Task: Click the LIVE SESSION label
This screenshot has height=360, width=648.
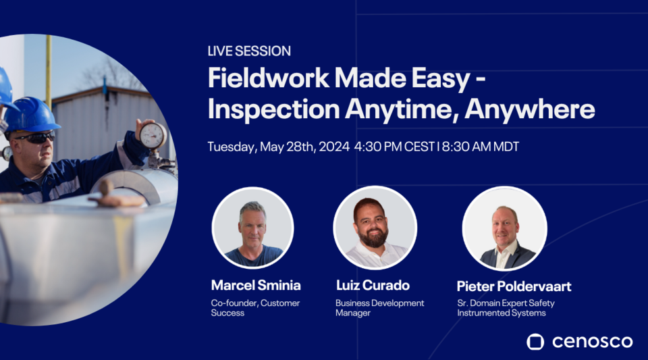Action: pyautogui.click(x=249, y=51)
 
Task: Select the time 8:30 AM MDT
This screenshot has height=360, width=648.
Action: pyautogui.click(x=481, y=147)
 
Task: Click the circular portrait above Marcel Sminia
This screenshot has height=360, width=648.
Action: pyautogui.click(x=252, y=228)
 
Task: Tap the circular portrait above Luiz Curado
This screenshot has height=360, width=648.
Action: pyautogui.click(x=373, y=228)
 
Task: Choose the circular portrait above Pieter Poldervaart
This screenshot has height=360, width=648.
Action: pyautogui.click(x=504, y=228)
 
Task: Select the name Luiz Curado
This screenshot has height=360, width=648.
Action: pyautogui.click(x=373, y=285)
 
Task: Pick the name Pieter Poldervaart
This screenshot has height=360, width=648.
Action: pyautogui.click(x=514, y=286)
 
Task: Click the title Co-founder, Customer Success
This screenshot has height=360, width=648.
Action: pyautogui.click(x=255, y=308)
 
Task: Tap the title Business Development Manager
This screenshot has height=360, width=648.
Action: pyautogui.click(x=379, y=308)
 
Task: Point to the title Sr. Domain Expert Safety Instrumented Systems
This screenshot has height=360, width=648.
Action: pyautogui.click(x=506, y=308)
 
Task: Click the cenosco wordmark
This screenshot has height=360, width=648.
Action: pyautogui.click(x=592, y=342)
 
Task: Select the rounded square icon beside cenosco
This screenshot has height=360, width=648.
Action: pyautogui.click(x=535, y=342)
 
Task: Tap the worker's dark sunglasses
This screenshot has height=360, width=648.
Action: pyautogui.click(x=34, y=137)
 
